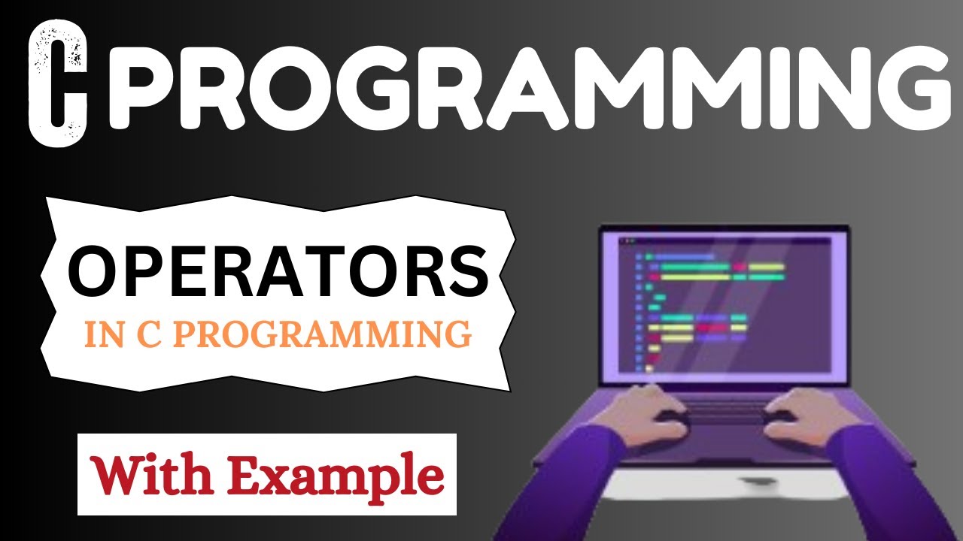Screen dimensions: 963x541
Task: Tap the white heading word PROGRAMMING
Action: point(530,87)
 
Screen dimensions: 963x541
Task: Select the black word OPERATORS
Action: point(278,271)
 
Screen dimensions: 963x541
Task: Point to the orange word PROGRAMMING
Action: point(324,334)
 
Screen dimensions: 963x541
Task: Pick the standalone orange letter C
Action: point(149,334)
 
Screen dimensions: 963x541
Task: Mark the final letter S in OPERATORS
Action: point(468,272)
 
